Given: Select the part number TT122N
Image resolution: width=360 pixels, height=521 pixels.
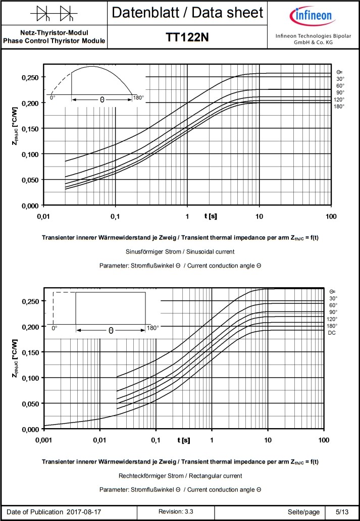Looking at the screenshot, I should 187,38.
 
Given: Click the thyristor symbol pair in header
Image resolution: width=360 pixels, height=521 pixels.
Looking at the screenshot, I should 54,13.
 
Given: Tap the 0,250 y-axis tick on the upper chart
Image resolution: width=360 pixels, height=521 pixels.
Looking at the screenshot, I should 28,77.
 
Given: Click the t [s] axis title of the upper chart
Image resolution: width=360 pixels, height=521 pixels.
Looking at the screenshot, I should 211,216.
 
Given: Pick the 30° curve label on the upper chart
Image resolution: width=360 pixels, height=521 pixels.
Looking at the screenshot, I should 340,79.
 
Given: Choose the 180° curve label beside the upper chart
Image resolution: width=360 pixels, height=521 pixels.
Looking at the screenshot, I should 339,107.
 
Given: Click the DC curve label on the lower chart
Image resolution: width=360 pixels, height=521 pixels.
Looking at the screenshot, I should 332,333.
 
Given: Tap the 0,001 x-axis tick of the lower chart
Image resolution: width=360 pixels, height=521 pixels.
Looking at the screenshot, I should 44,440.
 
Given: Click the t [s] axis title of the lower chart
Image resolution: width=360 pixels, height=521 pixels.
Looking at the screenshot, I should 184,440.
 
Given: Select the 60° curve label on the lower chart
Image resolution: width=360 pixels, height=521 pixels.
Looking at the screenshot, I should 333,305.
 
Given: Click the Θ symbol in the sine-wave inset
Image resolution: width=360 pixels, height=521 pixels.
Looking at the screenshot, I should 102,100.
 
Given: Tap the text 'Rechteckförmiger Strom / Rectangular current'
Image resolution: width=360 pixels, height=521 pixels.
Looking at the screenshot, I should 180,476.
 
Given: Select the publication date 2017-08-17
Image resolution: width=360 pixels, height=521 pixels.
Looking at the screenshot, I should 84,512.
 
